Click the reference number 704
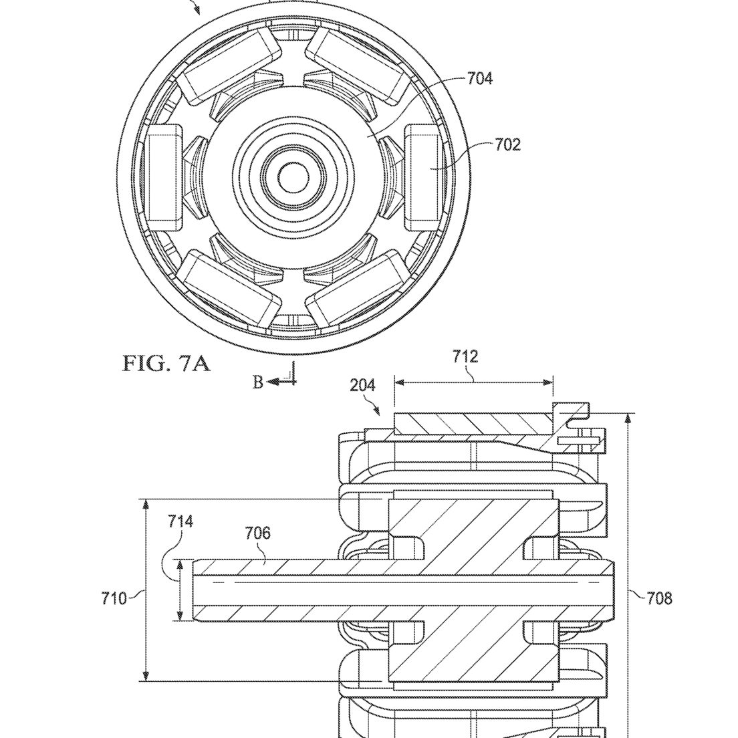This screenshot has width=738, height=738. coord(479,78)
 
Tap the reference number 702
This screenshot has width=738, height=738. coord(508,144)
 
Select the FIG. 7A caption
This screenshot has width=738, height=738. coord(166,364)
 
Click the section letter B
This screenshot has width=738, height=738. coord(257,382)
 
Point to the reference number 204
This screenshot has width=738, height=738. coord(362,386)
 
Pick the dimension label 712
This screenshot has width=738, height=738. coord(465,357)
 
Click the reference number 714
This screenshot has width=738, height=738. coord(180,521)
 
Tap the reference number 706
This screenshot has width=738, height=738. coord(258,533)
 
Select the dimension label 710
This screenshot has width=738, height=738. coord(114,599)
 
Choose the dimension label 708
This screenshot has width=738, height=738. coord(659,599)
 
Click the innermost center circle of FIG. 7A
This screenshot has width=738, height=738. coord(293,177)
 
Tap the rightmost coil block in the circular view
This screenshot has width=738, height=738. coord(424,177)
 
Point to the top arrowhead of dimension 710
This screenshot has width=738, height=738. coord(146,505)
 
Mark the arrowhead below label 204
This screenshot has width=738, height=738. coord(377,411)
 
